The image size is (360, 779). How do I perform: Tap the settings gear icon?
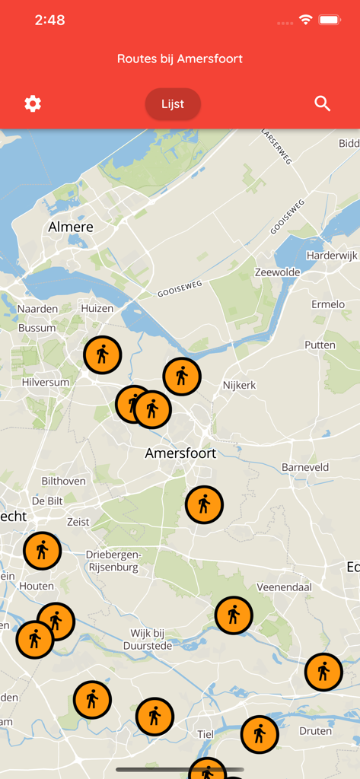[33, 103]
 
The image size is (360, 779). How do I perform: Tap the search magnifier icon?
[323, 103]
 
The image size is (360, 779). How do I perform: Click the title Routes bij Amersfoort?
[180, 59]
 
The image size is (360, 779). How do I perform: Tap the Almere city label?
[71, 227]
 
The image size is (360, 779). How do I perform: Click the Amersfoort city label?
[180, 453]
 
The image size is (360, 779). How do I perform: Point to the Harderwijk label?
[332, 256]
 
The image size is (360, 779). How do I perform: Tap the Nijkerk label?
[239, 386]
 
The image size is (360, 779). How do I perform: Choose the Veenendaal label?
[285, 587]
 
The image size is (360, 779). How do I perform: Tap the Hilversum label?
[46, 382]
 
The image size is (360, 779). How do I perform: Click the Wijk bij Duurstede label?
[148, 639]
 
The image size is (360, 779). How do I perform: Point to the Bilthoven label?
[64, 481]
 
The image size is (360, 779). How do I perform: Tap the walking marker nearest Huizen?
[102, 355]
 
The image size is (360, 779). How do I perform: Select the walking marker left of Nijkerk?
[182, 376]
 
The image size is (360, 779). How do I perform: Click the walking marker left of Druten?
[260, 734]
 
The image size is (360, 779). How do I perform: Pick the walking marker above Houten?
[42, 551]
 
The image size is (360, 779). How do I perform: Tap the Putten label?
[320, 345]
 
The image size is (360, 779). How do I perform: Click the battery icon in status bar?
[330, 20]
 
